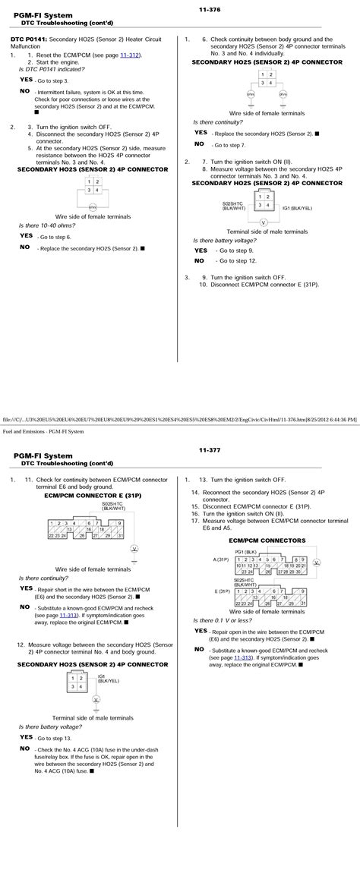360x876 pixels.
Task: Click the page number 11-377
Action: coord(210,450)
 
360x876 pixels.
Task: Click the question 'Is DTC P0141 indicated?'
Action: coord(51,69)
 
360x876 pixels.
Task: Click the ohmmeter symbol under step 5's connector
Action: coord(92,206)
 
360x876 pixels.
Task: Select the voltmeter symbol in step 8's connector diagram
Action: coord(263,223)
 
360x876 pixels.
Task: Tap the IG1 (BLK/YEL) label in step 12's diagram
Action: coord(105,681)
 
